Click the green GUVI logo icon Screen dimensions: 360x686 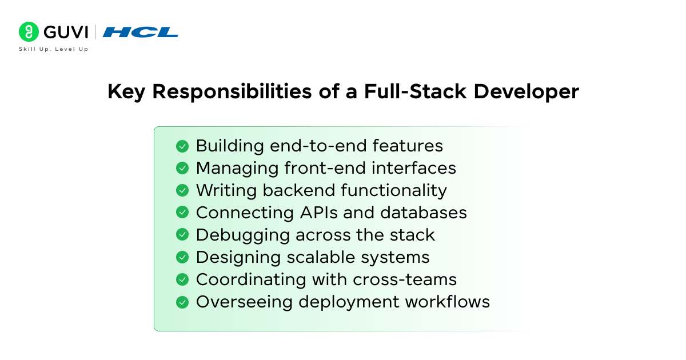point(29,32)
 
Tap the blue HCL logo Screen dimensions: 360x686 point(141,32)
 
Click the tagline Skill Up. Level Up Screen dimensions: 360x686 point(54,49)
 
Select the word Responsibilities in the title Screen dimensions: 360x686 point(233,91)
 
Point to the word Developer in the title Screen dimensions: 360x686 point(527,91)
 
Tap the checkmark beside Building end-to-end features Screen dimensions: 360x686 point(182,146)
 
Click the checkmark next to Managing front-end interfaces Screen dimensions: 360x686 point(182,168)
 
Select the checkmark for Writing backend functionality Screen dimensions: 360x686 point(182,190)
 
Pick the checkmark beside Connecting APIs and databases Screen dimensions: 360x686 point(182,213)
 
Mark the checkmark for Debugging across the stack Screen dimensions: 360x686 point(182,235)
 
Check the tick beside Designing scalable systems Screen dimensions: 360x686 point(182,257)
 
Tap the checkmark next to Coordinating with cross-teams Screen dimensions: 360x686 point(182,279)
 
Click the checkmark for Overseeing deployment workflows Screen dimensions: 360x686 point(182,302)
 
